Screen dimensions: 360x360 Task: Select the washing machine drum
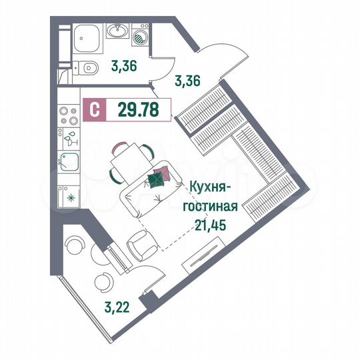141,39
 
